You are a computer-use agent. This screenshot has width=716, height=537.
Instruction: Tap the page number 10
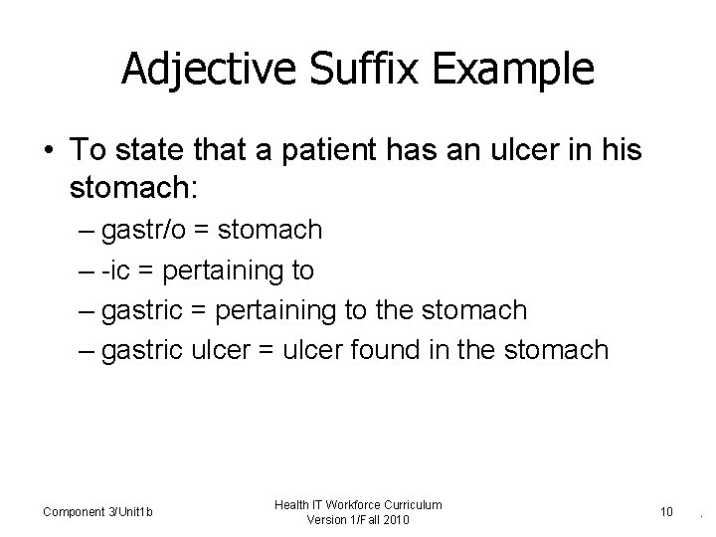pos(665,512)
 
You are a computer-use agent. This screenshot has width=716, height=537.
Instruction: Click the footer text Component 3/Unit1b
pos(97,512)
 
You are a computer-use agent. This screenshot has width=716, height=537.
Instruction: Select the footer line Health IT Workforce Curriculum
pos(360,505)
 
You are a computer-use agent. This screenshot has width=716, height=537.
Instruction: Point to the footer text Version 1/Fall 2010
pos(360,521)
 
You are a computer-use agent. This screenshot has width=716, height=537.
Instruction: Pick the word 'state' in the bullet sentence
pos(149,150)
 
